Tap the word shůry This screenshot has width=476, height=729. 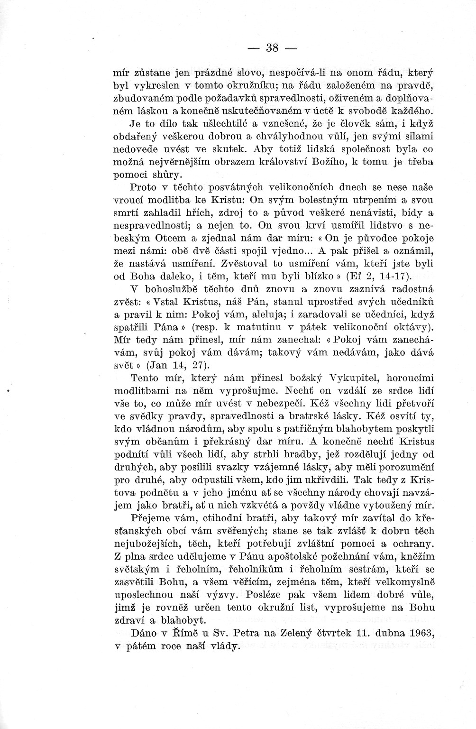click(161, 175)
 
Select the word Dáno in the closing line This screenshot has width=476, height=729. click(144, 633)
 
